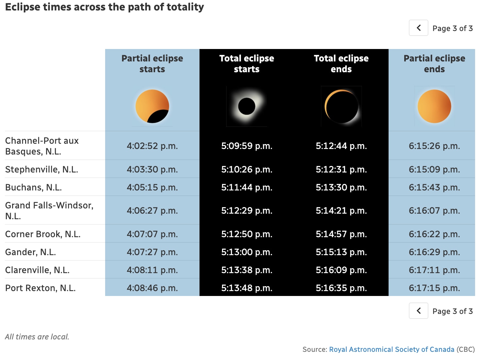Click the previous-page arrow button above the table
tap(418, 28)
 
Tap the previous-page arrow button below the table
tap(418, 311)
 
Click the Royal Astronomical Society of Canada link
tap(392, 349)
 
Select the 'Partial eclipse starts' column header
tap(152, 64)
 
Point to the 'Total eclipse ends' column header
tap(341, 64)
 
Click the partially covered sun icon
tap(152, 106)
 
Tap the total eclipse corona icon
tap(247, 106)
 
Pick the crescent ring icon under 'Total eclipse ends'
tap(341, 106)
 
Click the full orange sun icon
tap(434, 106)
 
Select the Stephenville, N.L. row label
tap(42, 169)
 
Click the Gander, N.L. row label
tap(31, 252)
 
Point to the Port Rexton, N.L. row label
tap(40, 288)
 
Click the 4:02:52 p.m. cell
tap(152, 146)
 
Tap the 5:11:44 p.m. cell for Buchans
tap(247, 187)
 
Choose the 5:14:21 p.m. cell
tap(341, 210)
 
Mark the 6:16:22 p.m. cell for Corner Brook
tap(434, 234)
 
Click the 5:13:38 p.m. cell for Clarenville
tap(247, 270)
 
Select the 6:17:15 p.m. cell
tap(434, 288)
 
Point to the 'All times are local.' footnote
tap(37, 336)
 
